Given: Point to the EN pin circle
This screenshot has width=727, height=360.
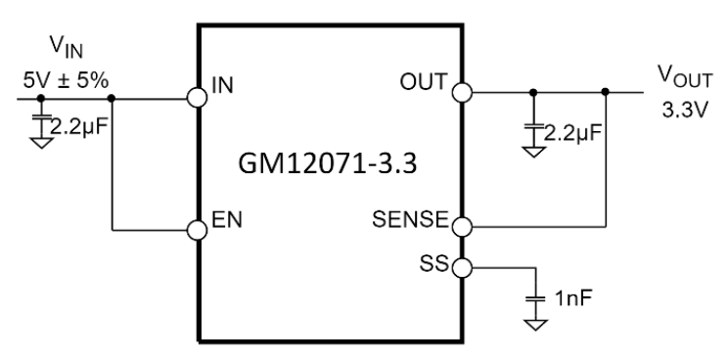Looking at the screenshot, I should tap(199, 230).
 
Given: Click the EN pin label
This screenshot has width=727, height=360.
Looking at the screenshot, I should tap(225, 221).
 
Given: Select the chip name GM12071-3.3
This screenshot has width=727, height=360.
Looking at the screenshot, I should tap(330, 164).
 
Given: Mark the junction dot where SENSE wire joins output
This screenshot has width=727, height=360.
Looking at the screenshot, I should tap(607, 93).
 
